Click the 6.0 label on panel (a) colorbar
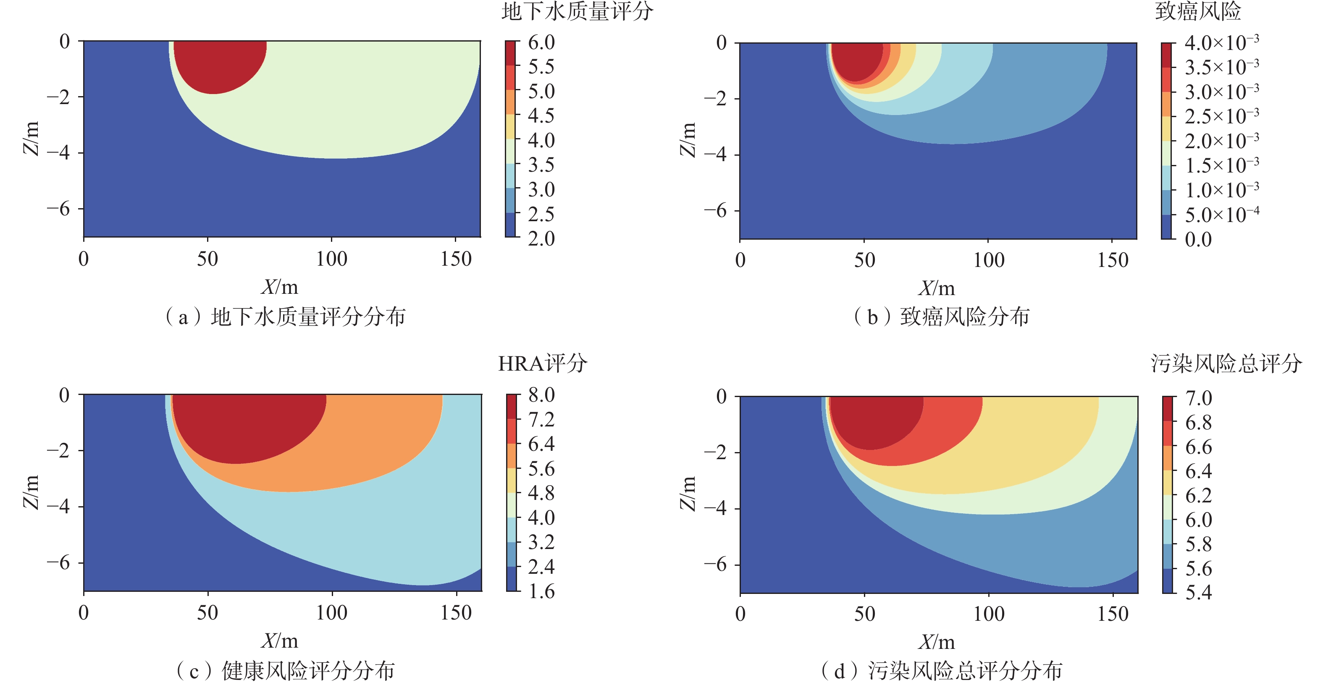[541, 42]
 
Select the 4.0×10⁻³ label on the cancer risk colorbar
[1221, 42]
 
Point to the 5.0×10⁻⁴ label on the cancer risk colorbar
[1221, 214]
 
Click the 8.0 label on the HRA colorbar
[541, 395]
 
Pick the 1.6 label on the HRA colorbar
[541, 592]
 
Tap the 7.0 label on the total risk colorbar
[1198, 398]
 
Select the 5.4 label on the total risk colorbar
[1198, 593]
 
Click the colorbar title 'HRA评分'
[542, 363]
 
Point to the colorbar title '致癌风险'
[1198, 11]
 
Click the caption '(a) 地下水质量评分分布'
[285, 316]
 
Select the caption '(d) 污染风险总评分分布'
[941, 671]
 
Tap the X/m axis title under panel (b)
[936, 288]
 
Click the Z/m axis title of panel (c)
[31, 492]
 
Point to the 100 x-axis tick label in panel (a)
[332, 259]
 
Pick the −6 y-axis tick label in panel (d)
[715, 565]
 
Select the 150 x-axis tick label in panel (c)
[456, 613]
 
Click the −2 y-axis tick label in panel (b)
[715, 99]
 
